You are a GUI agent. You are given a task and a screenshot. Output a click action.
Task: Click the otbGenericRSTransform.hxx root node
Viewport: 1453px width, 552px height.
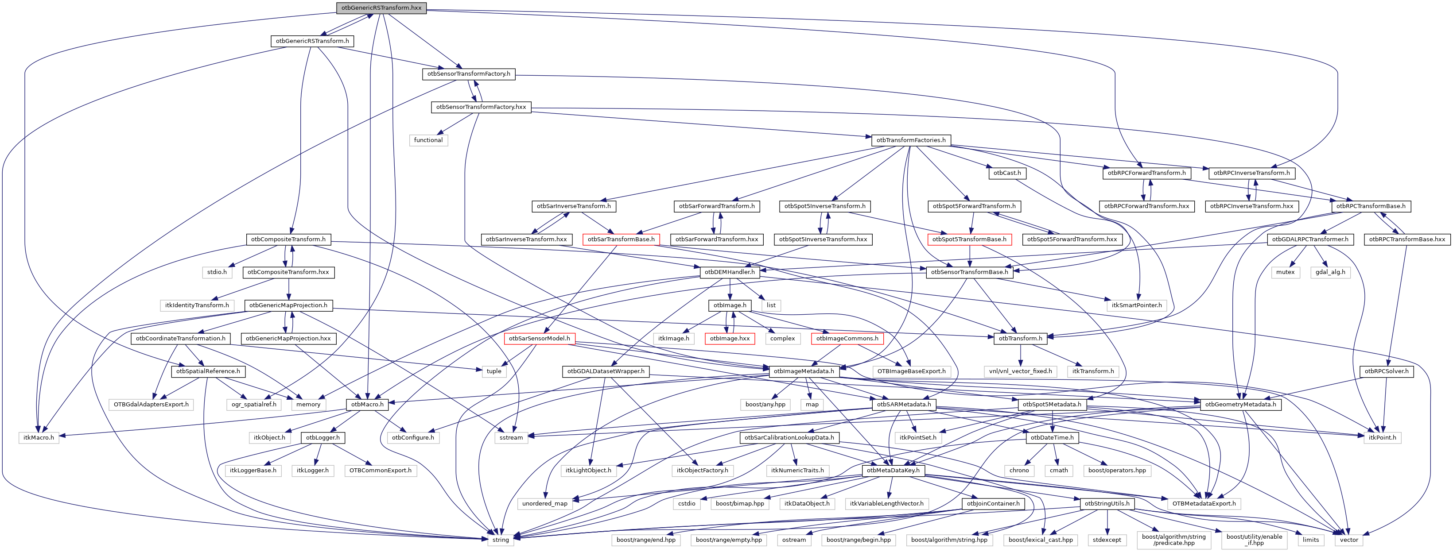[x=381, y=8]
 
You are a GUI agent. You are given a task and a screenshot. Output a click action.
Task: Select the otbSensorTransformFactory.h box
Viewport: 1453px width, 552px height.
[x=468, y=74]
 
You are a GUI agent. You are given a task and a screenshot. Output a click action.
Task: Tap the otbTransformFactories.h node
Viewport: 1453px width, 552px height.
[x=911, y=140]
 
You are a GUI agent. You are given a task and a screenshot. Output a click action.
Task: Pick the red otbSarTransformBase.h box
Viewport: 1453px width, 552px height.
[x=621, y=239]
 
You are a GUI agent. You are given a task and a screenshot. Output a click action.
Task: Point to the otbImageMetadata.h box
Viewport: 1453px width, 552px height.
[x=804, y=371]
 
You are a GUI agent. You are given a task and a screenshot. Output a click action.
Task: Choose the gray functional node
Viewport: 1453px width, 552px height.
[x=428, y=140]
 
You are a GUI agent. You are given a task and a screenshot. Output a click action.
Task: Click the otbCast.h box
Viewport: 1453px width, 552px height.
[x=1007, y=173]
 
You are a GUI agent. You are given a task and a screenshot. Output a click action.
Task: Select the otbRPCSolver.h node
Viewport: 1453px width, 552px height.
[x=1387, y=371]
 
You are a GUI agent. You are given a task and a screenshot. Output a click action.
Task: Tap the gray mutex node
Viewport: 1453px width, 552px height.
[x=1286, y=272]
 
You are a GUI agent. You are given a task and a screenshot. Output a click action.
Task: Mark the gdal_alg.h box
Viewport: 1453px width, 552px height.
[x=1331, y=272]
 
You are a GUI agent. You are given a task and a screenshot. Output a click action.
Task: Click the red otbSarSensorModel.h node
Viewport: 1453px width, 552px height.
[x=539, y=338]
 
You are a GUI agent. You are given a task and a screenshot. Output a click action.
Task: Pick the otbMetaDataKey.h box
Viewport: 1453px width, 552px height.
[x=893, y=470]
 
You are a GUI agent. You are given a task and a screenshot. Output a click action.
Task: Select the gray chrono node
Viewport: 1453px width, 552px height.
[x=1019, y=470]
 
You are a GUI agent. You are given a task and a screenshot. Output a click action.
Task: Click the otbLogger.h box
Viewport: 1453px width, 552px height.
[x=322, y=437]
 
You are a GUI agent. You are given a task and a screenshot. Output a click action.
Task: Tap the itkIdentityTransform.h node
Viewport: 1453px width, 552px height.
[x=197, y=305]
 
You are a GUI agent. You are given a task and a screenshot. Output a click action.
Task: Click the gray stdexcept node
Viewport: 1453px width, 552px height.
[x=1107, y=540]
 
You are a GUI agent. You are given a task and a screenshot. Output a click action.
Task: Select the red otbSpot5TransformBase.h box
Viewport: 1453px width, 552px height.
[x=969, y=239]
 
